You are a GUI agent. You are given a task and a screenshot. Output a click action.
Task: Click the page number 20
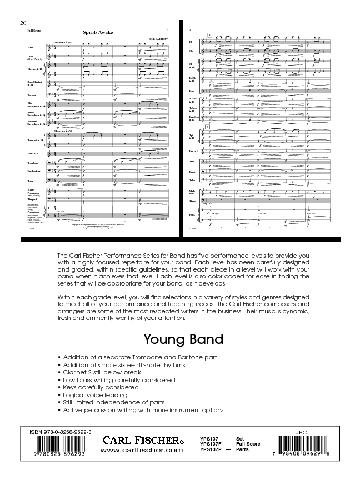click(22, 23)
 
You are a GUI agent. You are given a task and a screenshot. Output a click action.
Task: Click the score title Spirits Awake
click(97, 32)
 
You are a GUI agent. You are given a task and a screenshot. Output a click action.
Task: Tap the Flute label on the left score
click(31, 49)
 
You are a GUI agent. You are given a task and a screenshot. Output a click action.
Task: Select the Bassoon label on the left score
click(33, 95)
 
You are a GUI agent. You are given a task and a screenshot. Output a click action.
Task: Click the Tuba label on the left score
click(31, 181)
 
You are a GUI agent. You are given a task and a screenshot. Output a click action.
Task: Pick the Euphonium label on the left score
click(34, 171)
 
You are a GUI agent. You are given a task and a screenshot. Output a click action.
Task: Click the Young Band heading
click(176, 339)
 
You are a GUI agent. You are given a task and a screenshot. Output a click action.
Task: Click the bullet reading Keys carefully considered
click(101, 387)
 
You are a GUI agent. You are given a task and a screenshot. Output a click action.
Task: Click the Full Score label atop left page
click(33, 30)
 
